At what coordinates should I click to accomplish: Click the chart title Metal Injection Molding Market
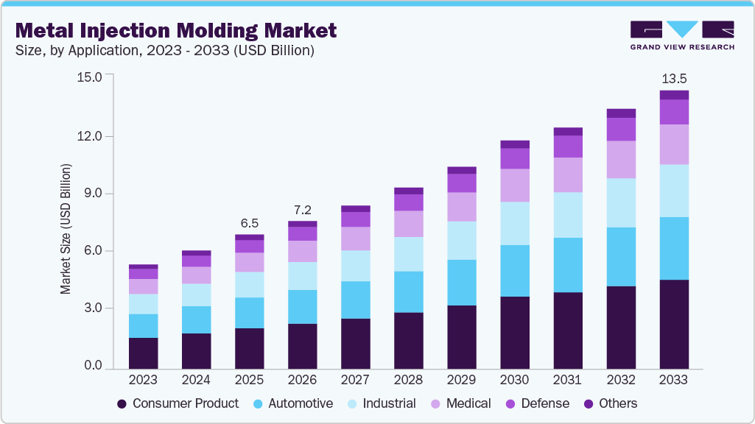[175, 30]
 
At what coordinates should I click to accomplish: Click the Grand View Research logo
[682, 35]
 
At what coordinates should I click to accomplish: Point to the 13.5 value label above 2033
[673, 78]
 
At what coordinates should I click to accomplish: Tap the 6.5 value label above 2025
[249, 223]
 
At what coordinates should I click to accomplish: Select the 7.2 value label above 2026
[302, 209]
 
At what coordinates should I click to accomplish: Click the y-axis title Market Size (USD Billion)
[66, 230]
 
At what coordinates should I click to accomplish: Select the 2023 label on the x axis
[143, 380]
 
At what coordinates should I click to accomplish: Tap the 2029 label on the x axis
[461, 380]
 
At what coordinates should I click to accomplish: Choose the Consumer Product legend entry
[178, 403]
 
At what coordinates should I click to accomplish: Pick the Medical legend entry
[460, 403]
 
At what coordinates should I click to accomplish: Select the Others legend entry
[611, 403]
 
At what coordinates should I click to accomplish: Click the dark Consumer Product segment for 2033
[673, 324]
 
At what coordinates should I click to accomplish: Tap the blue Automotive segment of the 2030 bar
[514, 271]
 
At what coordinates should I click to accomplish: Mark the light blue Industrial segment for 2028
[408, 254]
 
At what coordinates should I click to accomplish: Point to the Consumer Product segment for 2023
[143, 353]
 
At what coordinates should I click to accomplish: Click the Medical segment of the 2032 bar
[620, 160]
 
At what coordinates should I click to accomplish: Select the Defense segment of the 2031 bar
[567, 146]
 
